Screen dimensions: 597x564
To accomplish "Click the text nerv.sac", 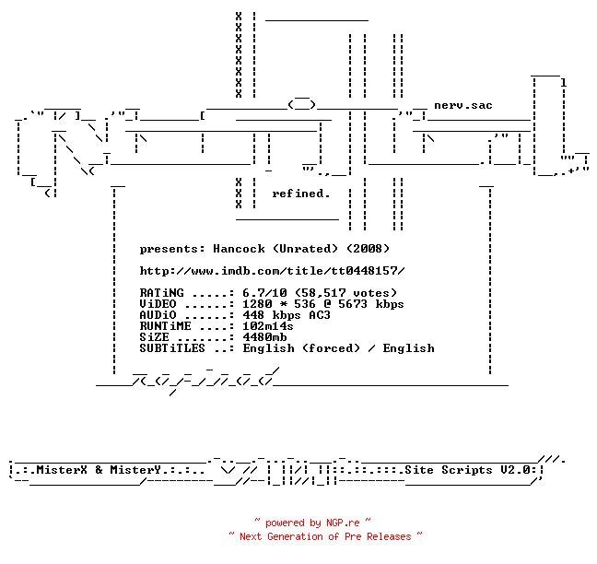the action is pyautogui.click(x=463, y=105).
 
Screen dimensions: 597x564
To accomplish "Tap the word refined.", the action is pyautogui.click(x=300, y=194).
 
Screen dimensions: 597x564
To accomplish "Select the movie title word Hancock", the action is pyautogui.click(x=239, y=249).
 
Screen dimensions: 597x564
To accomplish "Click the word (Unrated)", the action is pyautogui.click(x=305, y=249).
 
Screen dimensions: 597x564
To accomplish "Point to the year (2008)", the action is pyautogui.click(x=369, y=249).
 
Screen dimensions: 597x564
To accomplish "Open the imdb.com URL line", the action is pyautogui.click(x=272, y=271).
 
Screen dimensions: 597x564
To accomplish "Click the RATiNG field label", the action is pyautogui.click(x=161, y=293).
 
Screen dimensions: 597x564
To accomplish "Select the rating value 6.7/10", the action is pyautogui.click(x=264, y=293).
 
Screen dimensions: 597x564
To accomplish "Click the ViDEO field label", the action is pyautogui.click(x=158, y=304).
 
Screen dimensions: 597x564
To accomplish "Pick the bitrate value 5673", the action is pyautogui.click(x=353, y=304).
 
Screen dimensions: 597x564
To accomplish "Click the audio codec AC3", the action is pyautogui.click(x=320, y=315).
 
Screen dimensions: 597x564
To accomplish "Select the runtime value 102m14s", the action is pyautogui.click(x=268, y=326).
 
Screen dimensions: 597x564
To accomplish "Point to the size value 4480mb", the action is pyautogui.click(x=264, y=337).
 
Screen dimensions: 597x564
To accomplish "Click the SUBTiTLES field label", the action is pyautogui.click(x=172, y=348).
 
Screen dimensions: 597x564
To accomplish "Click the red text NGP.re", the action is pyautogui.click(x=343, y=523).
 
